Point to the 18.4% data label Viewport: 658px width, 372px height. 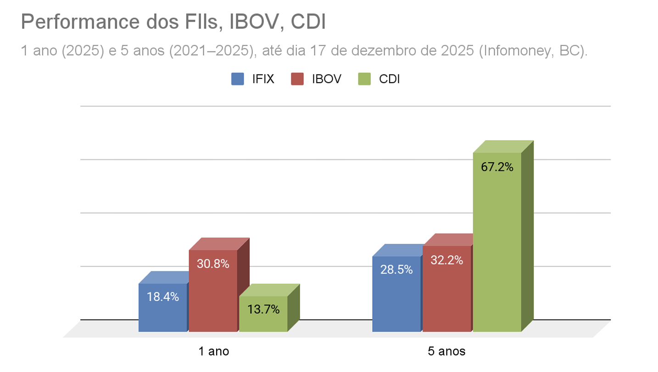(163, 297)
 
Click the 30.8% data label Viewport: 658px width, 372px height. (213, 264)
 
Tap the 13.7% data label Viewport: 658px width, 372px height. (263, 310)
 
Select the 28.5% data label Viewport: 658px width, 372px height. (396, 270)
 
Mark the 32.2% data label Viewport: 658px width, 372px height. (447, 260)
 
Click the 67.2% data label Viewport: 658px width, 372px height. (497, 167)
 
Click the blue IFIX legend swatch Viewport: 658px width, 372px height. (238, 79)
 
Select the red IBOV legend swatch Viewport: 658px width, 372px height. (298, 79)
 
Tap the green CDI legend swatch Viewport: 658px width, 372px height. (363, 79)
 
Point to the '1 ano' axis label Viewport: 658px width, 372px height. (214, 352)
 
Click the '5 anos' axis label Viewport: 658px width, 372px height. (446, 352)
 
